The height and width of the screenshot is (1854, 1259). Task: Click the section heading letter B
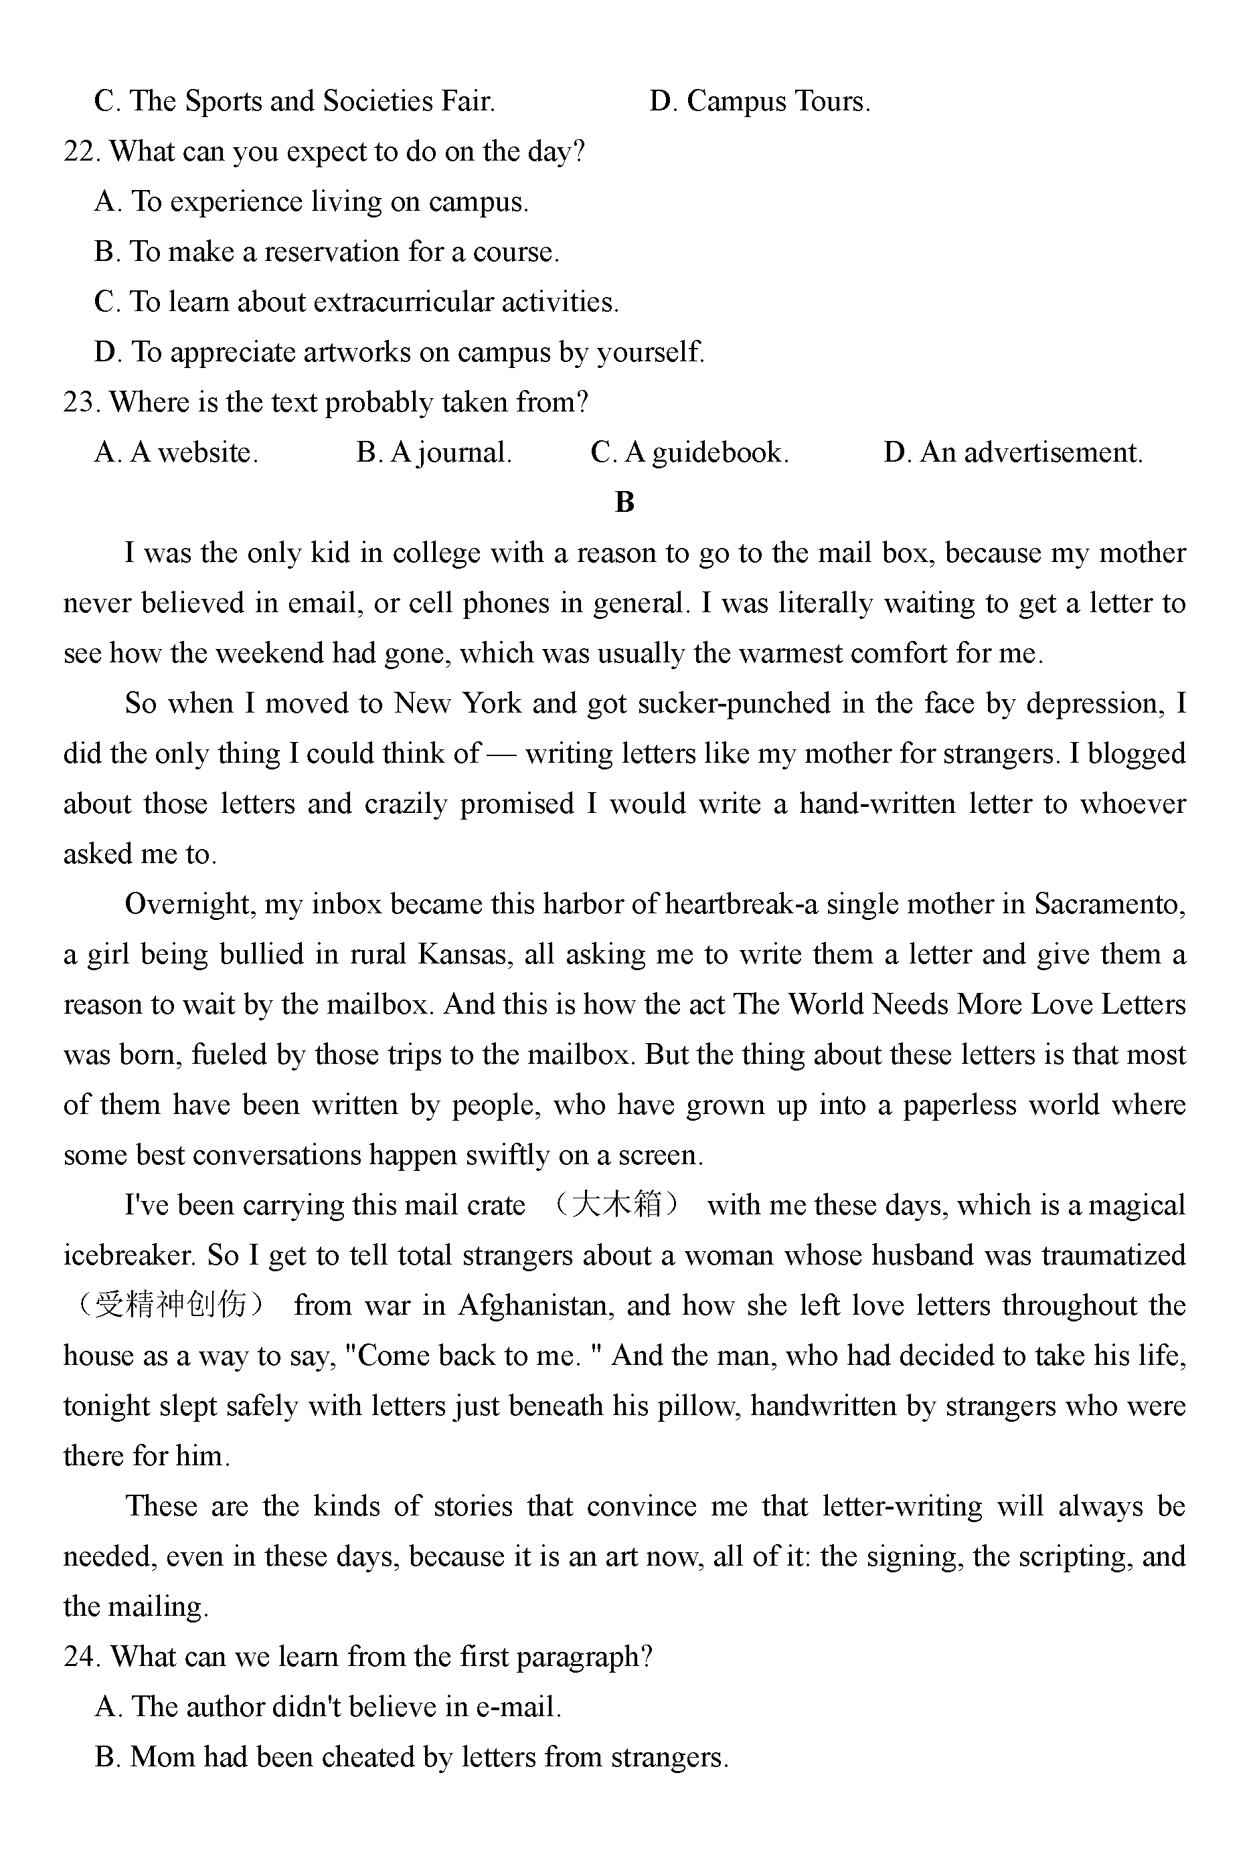624,502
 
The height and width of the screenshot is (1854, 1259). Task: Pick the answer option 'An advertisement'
1013,453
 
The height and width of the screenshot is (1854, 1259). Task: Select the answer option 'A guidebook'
689,453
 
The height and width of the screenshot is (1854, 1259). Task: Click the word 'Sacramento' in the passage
1109,905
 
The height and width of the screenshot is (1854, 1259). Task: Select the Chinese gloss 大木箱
618,1204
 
